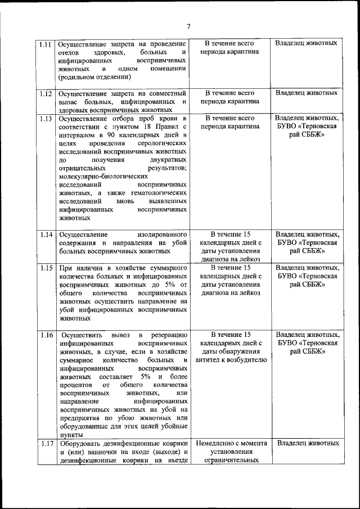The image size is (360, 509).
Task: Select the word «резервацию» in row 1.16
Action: (168, 335)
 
